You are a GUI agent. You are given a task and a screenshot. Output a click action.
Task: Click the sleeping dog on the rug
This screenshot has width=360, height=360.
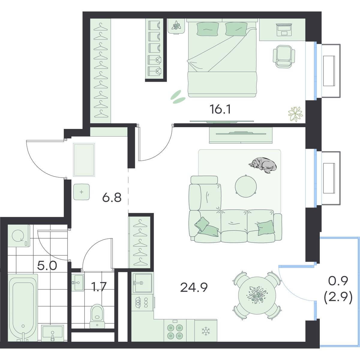263,165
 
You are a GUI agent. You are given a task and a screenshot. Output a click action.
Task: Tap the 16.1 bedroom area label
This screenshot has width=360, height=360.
220,109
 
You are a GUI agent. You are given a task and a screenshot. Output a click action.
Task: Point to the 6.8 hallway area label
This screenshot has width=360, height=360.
112,197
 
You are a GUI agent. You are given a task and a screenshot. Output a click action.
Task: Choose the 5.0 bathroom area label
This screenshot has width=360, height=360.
47,266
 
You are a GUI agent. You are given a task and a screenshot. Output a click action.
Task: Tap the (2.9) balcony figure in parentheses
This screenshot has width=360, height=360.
338,298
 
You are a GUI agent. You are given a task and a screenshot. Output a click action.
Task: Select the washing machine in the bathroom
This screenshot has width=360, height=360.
19,235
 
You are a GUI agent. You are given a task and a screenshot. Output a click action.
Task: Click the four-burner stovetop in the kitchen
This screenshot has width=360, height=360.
175,331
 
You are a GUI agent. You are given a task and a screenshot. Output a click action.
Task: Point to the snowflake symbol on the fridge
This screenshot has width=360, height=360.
206,331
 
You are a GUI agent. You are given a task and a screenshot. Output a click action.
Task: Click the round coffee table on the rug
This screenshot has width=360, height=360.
246,186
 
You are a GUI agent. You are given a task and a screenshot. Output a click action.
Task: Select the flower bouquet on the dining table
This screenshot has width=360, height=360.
257,295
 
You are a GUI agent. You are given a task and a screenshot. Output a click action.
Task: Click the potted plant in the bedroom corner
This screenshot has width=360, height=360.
295,114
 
